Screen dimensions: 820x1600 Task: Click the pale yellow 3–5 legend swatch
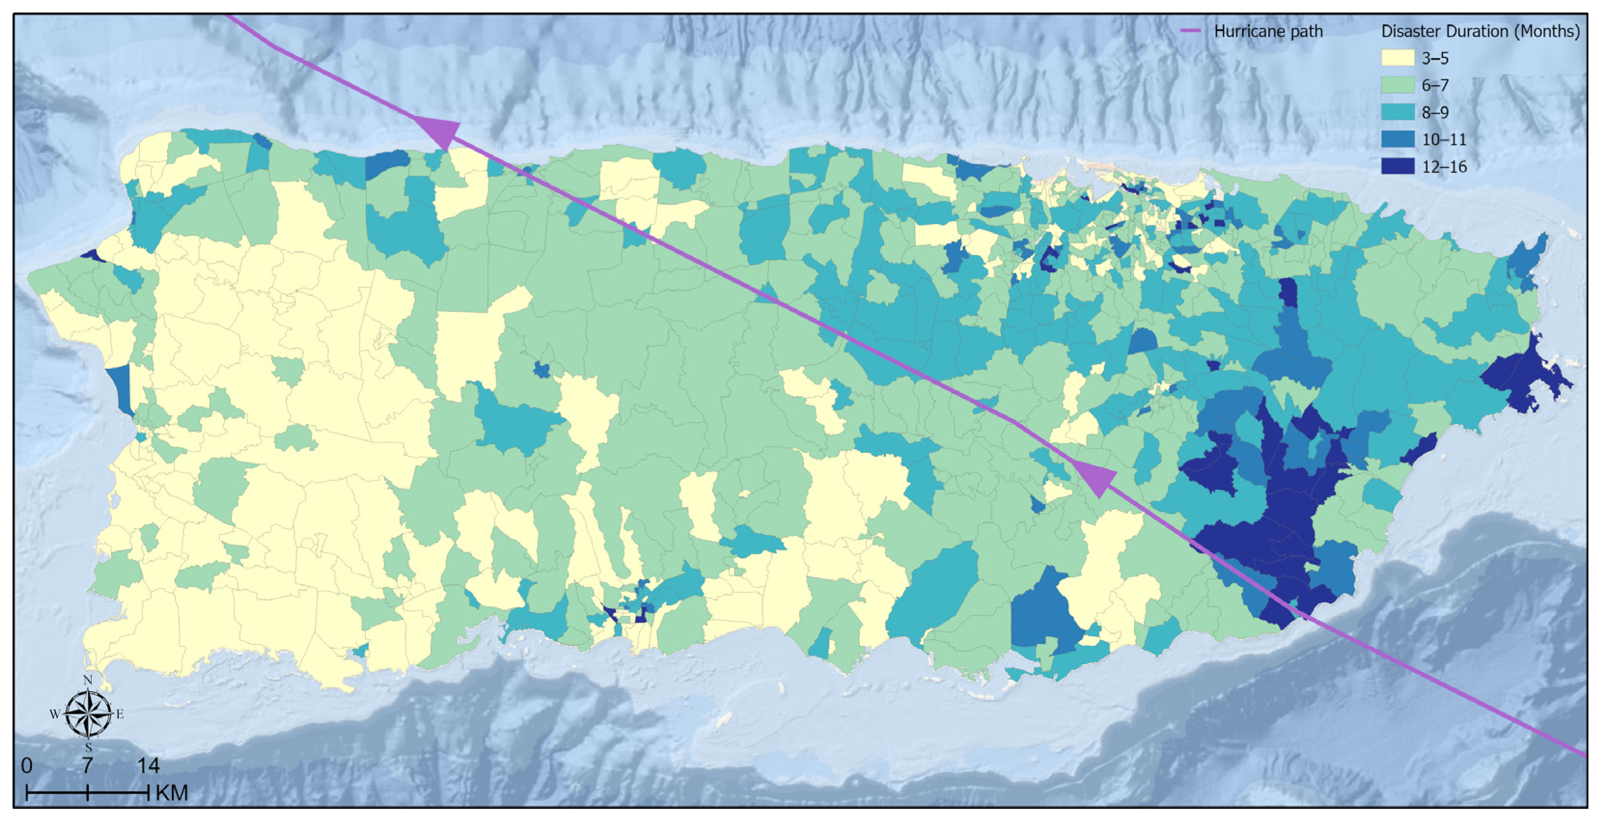1398,58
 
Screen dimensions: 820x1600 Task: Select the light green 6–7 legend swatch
1398,85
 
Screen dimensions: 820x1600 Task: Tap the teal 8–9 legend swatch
1398,112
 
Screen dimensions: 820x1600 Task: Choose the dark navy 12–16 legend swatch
1398,166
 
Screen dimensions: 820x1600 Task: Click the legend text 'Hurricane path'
1268,31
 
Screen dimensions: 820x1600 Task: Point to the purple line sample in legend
1190,30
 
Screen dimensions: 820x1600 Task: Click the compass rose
87,714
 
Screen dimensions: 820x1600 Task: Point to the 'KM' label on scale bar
171,793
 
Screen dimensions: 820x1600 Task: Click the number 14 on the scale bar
148,766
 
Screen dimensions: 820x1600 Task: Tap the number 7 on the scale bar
87,766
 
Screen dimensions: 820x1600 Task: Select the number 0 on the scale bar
26,766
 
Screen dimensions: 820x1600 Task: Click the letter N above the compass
87,680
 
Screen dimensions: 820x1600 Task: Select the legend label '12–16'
1444,166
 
